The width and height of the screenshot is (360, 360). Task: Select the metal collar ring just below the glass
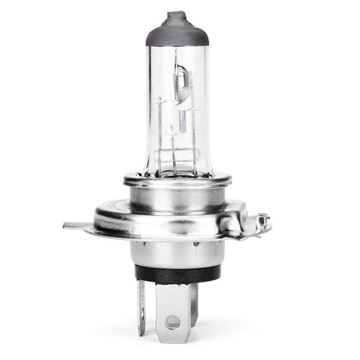(x=178, y=179)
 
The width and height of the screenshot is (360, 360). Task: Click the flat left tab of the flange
(x=78, y=225)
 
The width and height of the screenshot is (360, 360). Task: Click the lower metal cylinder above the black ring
(x=178, y=252)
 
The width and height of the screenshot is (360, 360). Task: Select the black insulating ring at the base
(x=178, y=273)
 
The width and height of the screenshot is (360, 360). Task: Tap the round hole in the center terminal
(x=173, y=322)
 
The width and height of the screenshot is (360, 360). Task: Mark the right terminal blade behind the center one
(x=194, y=298)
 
